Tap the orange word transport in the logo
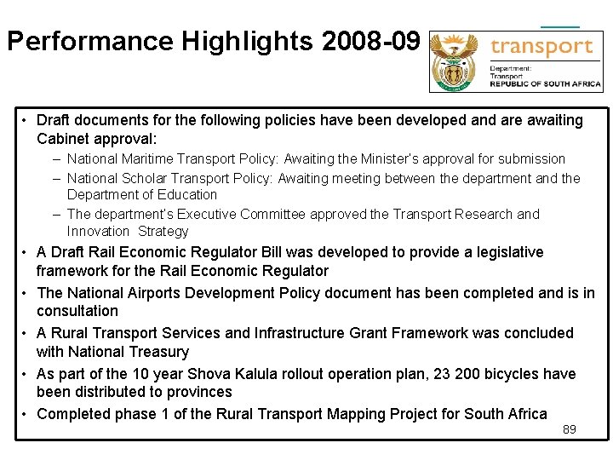541,47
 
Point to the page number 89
570,429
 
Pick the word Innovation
98,232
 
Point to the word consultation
77,311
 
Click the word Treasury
159,352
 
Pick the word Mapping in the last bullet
354,414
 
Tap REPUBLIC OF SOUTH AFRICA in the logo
545,83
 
